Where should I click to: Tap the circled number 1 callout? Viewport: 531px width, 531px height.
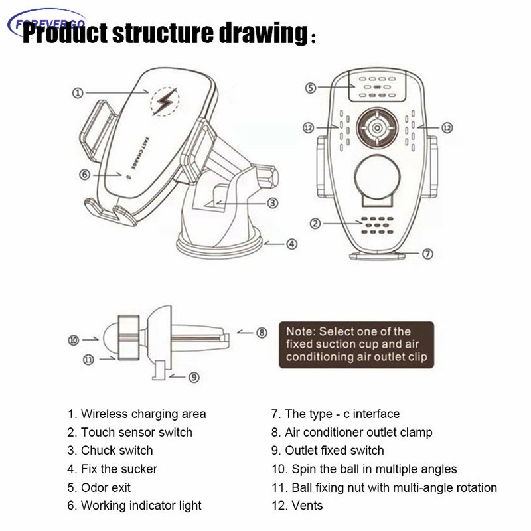[x=78, y=94]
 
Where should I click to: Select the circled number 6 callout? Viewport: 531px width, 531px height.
[x=84, y=174]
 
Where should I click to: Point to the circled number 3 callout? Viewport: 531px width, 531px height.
[x=272, y=203]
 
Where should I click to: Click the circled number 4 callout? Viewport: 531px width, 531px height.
[x=291, y=244]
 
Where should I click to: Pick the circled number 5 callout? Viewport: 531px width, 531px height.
[x=310, y=88]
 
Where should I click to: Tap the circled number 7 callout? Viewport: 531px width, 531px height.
[x=428, y=253]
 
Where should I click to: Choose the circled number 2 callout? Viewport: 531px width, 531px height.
[x=316, y=224]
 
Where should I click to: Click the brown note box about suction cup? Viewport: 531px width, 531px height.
[x=356, y=344]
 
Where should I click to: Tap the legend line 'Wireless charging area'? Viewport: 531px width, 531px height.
[x=137, y=414]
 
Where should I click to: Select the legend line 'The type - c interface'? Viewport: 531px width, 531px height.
[x=335, y=414]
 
